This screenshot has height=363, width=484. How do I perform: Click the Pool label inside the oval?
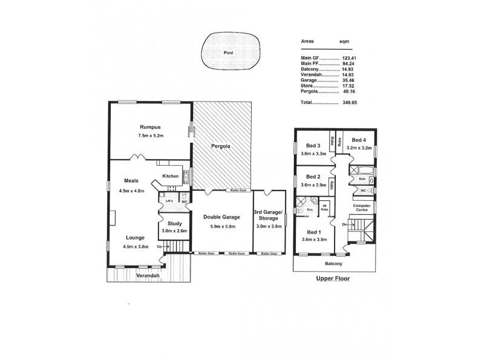click(x=227, y=53)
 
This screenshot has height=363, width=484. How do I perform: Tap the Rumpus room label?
click(x=149, y=127)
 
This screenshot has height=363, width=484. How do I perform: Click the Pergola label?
click(x=221, y=147)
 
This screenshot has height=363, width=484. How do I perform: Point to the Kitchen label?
click(x=170, y=176)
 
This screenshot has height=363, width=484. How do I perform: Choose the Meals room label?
click(x=132, y=180)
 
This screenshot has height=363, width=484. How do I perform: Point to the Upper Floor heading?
click(x=333, y=280)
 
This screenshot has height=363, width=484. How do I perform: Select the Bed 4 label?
click(x=359, y=139)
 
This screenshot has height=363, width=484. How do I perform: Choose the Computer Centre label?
click(x=361, y=208)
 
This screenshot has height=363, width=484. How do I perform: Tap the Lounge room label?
click(x=136, y=238)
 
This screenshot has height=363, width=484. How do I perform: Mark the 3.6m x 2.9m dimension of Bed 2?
click(x=313, y=185)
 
